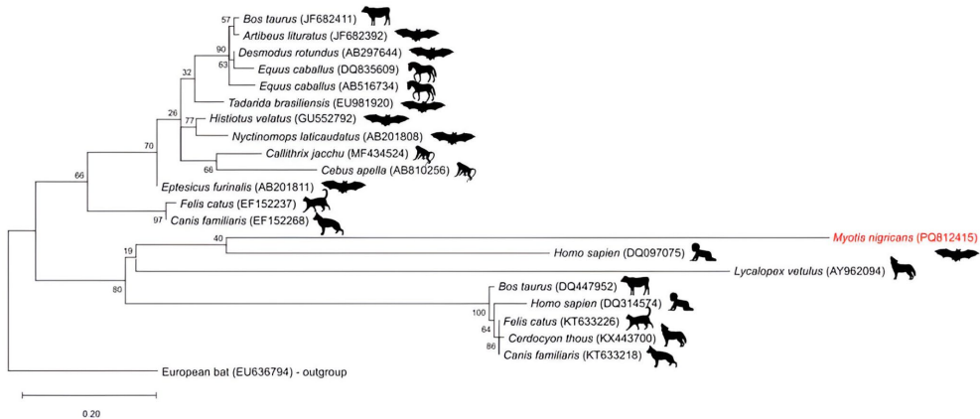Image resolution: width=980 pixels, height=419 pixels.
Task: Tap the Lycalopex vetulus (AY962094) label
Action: [810, 270]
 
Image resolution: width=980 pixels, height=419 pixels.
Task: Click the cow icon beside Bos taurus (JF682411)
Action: [377, 15]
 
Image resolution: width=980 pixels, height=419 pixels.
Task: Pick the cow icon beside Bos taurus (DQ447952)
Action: [634, 286]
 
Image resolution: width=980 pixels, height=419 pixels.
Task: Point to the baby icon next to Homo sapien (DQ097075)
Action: [703, 253]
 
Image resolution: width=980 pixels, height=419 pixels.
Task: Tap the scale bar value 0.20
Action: [90, 411]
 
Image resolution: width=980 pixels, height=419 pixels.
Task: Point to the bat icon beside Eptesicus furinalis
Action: [343, 186]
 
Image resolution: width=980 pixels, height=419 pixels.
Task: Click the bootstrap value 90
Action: [221, 48]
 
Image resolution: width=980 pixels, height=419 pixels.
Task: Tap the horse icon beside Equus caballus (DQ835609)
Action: [421, 70]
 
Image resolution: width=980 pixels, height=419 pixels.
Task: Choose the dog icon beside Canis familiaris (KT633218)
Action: [661, 355]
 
